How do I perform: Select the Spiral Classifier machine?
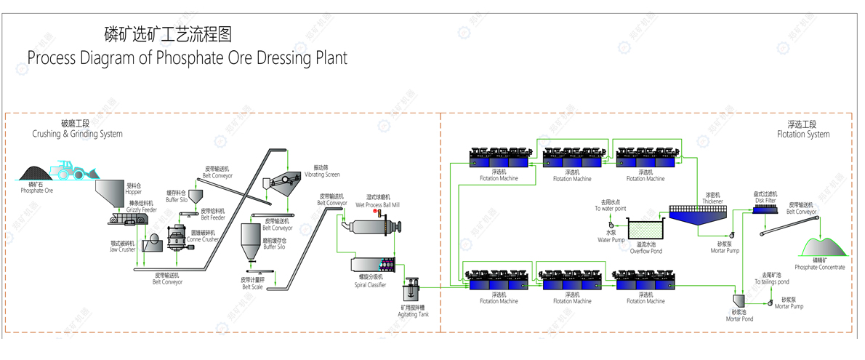pos(372,267)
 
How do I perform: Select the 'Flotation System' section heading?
pos(802,135)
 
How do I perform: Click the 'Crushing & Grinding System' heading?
pos(77,135)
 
